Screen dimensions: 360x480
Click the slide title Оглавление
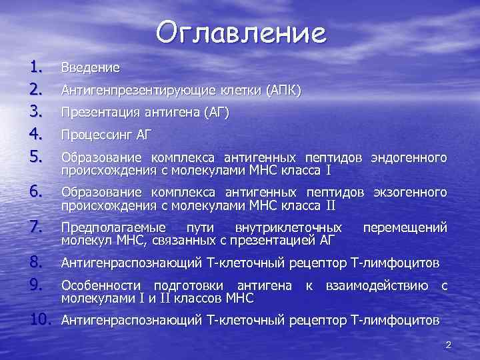242,33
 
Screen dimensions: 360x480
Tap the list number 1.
36,66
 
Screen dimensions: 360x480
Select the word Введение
91,68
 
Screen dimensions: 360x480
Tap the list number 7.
36,227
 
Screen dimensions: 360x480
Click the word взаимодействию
377,286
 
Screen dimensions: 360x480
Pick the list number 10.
41,321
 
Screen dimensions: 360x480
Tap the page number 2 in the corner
449,345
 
